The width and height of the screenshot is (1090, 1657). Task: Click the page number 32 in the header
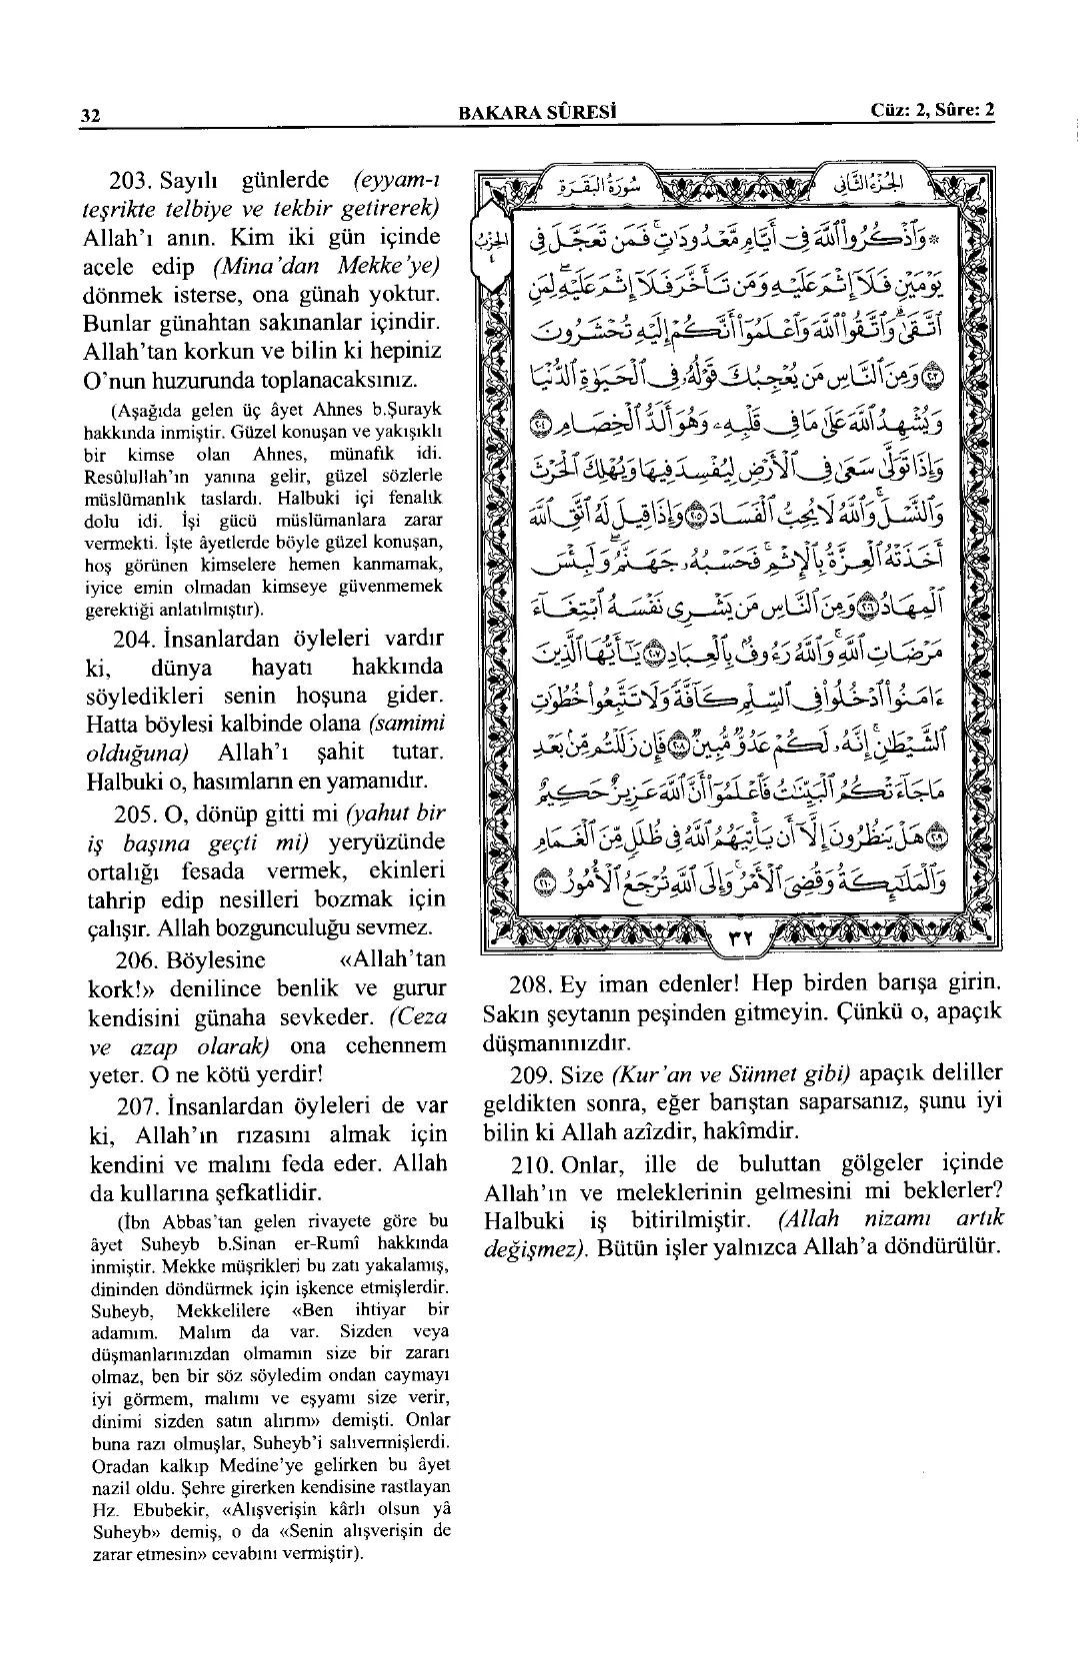(x=91, y=114)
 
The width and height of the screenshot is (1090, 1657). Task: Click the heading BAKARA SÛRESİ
(x=536, y=112)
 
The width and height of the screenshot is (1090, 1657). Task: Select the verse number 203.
(x=130, y=182)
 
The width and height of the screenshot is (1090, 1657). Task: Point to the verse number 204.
(x=130, y=638)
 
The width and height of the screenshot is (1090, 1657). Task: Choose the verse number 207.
(x=130, y=1106)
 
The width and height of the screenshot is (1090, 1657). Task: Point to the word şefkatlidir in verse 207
(x=267, y=1193)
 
